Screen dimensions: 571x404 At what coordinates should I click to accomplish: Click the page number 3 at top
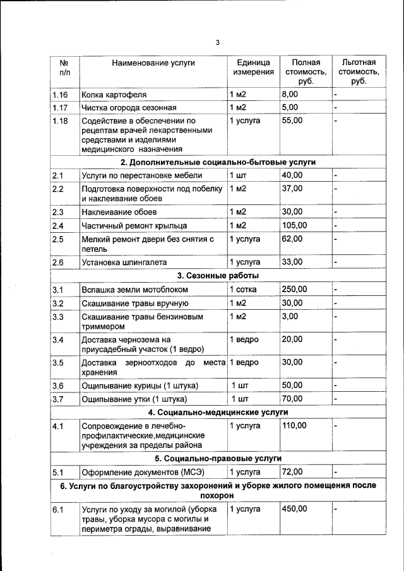pyautogui.click(x=217, y=42)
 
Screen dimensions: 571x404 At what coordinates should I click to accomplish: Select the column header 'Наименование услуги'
pyautogui.click(x=153, y=62)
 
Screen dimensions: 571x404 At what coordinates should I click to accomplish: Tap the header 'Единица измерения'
pyautogui.click(x=253, y=68)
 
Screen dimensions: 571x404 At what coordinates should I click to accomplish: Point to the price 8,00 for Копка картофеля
pyautogui.click(x=290, y=94)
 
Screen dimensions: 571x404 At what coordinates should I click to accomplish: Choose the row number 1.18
pyautogui.click(x=60, y=121)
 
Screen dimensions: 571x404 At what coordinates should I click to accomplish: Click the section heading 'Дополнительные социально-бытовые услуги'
pyautogui.click(x=218, y=162)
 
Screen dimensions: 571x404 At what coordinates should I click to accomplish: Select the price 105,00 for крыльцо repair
pyautogui.click(x=294, y=225)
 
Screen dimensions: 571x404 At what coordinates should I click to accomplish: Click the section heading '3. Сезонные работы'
pyautogui.click(x=218, y=276)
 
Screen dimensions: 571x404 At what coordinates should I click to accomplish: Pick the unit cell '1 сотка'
pyautogui.click(x=244, y=290)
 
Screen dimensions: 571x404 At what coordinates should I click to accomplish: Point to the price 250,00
pyautogui.click(x=294, y=290)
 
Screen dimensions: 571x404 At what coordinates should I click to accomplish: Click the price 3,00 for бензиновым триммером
pyautogui.click(x=290, y=317)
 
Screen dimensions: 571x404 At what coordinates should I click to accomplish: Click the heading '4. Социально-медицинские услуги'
pyautogui.click(x=218, y=413)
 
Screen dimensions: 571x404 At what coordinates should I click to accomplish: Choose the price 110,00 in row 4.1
pyautogui.click(x=294, y=426)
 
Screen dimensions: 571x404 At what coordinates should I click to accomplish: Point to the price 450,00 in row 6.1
pyautogui.click(x=294, y=509)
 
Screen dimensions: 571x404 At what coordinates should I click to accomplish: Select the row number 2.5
pyautogui.click(x=58, y=239)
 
